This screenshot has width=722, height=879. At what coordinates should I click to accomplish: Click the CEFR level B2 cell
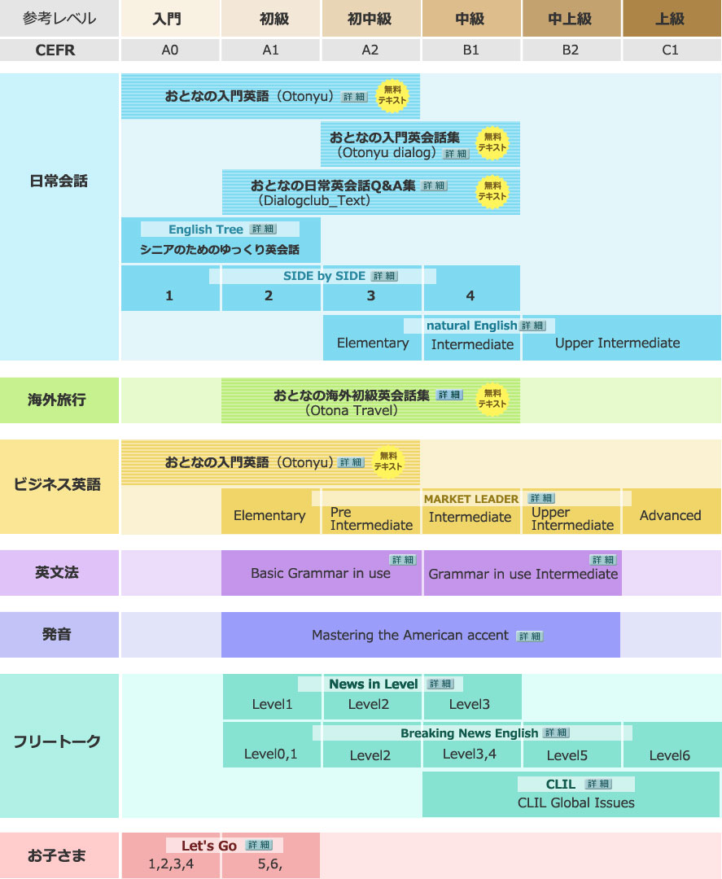coord(571,50)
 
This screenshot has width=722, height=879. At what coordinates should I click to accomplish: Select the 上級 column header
coord(672,19)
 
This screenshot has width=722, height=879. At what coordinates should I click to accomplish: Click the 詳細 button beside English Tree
coord(263,229)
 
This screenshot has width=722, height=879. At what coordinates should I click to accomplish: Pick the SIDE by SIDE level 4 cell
coord(470,295)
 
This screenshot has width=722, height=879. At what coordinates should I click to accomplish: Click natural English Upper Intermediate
coord(618,343)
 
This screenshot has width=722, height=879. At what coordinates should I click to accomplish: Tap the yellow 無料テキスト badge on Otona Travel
coord(492,399)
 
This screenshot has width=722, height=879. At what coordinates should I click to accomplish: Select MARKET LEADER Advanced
coord(671,515)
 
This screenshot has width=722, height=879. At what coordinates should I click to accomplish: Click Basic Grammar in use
coord(321,573)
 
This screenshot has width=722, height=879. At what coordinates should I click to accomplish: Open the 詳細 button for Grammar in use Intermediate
coord(603,559)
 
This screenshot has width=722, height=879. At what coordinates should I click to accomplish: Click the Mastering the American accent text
coord(410,635)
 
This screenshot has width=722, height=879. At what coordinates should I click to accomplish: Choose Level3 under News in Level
coord(470,704)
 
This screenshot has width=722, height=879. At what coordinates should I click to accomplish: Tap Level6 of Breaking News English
coord(669,755)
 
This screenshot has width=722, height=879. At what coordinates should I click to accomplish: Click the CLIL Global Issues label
coord(576,802)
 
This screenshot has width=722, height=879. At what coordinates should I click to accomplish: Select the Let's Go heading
coord(209,846)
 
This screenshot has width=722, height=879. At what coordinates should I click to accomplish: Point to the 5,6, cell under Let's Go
coord(270,864)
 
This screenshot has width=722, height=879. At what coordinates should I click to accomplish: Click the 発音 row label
coord(57,635)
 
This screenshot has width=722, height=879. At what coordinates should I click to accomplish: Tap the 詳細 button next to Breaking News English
coord(557,732)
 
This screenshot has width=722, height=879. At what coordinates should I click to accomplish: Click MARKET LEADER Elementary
coord(269,515)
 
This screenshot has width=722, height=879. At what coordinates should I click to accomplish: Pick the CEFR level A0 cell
coord(170,50)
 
